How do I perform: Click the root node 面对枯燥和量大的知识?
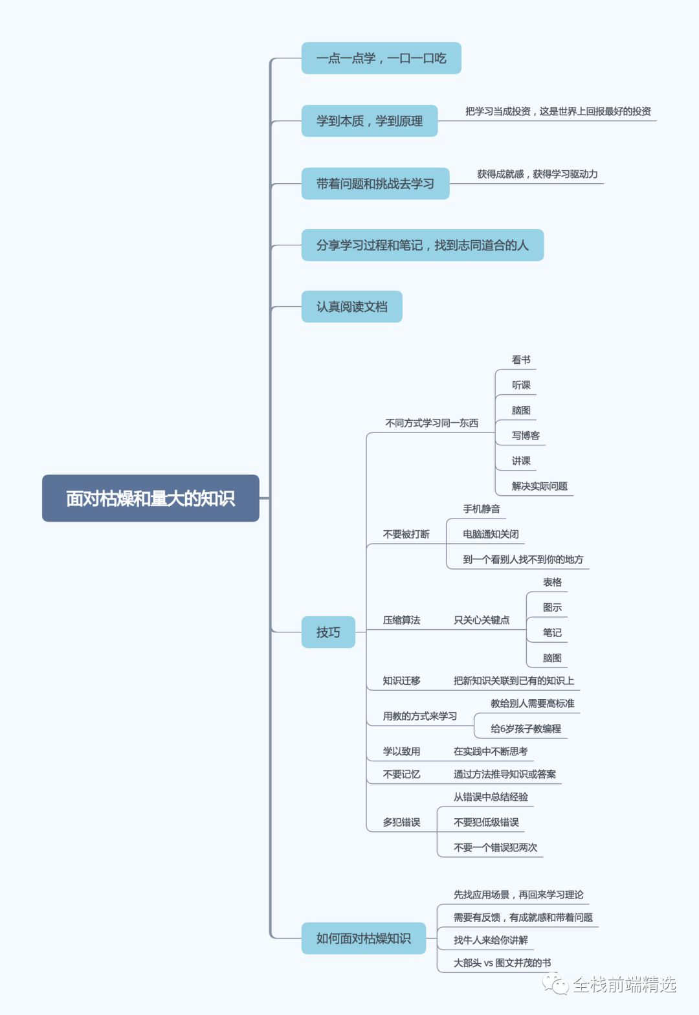(x=150, y=498)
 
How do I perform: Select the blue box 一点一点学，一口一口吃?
(x=381, y=58)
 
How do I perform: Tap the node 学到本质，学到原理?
(x=370, y=121)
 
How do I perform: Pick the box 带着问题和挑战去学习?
(x=375, y=184)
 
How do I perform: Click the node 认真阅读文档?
(x=351, y=307)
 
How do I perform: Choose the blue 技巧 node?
(x=328, y=632)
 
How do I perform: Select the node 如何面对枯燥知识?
(x=363, y=939)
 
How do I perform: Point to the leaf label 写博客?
(x=526, y=436)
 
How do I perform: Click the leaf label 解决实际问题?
(x=539, y=486)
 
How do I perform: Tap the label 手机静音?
(x=481, y=509)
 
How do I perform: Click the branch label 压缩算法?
(x=401, y=620)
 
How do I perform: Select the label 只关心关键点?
(x=481, y=620)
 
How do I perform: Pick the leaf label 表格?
(x=552, y=583)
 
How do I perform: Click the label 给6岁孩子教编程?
(x=526, y=729)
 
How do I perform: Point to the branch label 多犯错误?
(x=401, y=822)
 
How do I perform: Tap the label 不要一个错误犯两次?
(x=495, y=848)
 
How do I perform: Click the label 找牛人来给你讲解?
(x=491, y=940)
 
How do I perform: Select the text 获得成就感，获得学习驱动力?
(x=537, y=174)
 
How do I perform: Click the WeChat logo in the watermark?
(x=555, y=984)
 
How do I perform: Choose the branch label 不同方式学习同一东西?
(x=432, y=423)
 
